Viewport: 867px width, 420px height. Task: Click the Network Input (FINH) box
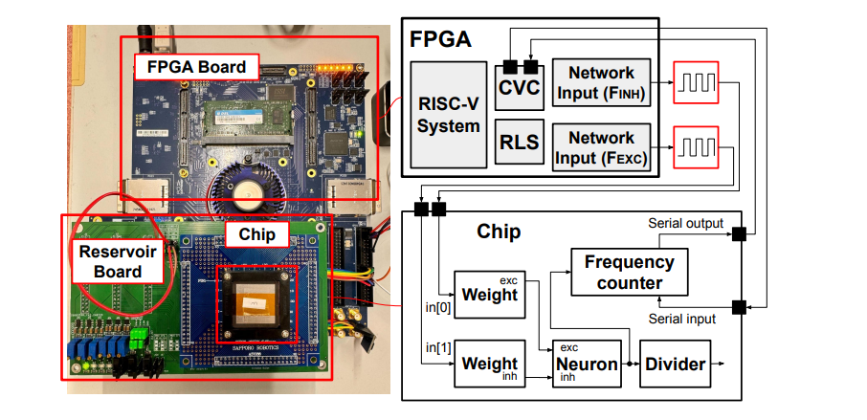(x=601, y=83)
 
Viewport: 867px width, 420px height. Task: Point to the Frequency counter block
(x=629, y=272)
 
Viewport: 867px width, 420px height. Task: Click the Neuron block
(x=586, y=365)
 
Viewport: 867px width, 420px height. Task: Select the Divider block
(x=676, y=365)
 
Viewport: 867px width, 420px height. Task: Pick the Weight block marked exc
(x=489, y=293)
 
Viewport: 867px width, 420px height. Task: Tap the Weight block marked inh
(x=489, y=365)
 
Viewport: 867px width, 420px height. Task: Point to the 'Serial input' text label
(x=681, y=318)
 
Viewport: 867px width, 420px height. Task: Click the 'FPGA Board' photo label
(x=196, y=67)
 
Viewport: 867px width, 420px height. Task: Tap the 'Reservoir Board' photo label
(x=114, y=259)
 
